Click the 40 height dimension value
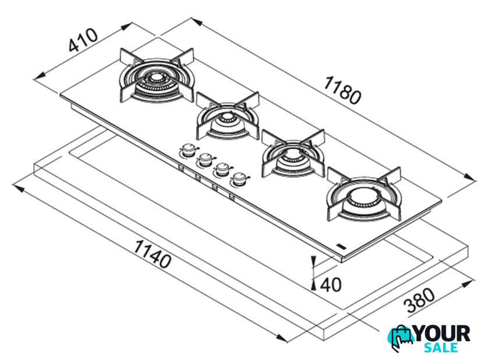[x=331, y=284]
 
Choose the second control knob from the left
[x=205, y=159]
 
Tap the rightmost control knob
[x=238, y=180]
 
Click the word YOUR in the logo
[x=442, y=334]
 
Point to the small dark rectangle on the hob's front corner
[x=342, y=247]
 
